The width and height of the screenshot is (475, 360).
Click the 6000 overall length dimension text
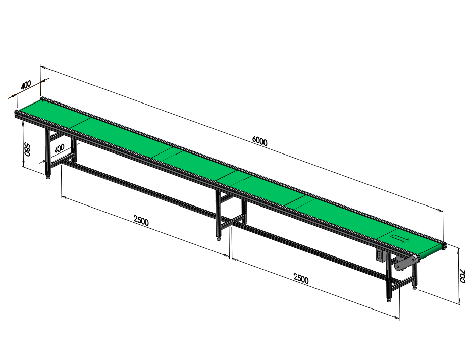point(258,142)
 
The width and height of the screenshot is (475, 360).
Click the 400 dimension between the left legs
point(59,148)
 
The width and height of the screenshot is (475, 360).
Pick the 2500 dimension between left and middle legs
point(141,220)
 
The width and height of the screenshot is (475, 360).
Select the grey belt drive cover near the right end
point(406,263)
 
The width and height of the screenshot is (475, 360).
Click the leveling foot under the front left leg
point(48,176)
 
